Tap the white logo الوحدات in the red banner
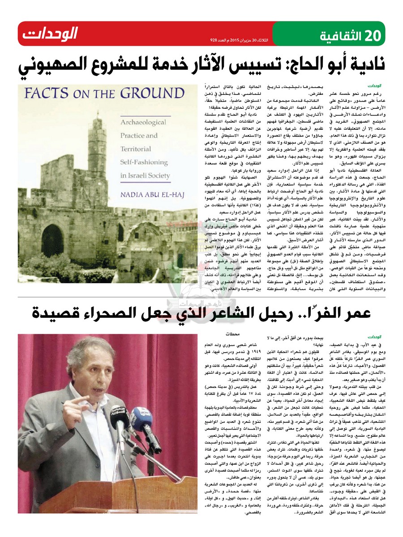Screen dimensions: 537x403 (50, 34)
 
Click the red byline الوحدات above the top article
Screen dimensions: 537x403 (373, 85)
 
